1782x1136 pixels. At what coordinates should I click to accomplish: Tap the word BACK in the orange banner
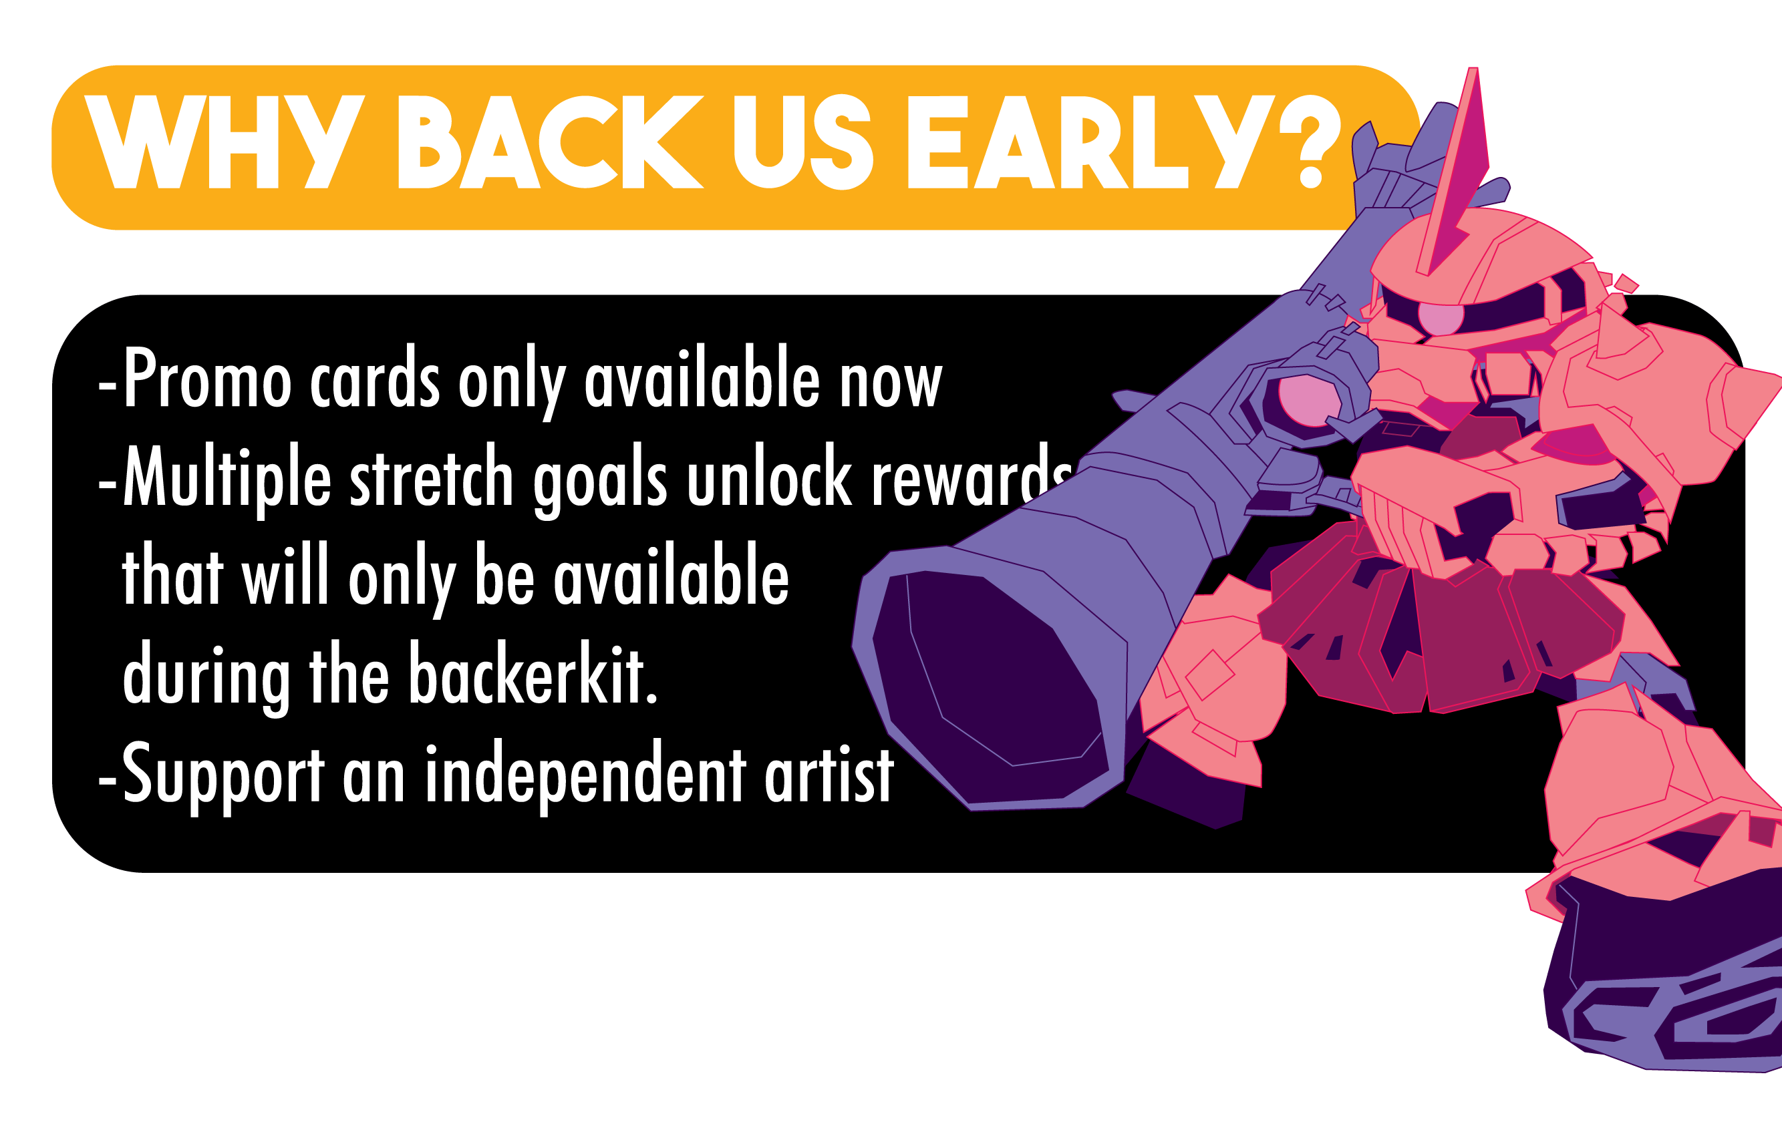point(551,142)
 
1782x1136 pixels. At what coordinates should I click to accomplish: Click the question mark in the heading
point(1310,143)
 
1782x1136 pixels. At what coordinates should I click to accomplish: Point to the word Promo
point(207,378)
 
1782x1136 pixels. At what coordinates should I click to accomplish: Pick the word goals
point(600,481)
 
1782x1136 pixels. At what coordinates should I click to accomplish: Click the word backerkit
point(533,673)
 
